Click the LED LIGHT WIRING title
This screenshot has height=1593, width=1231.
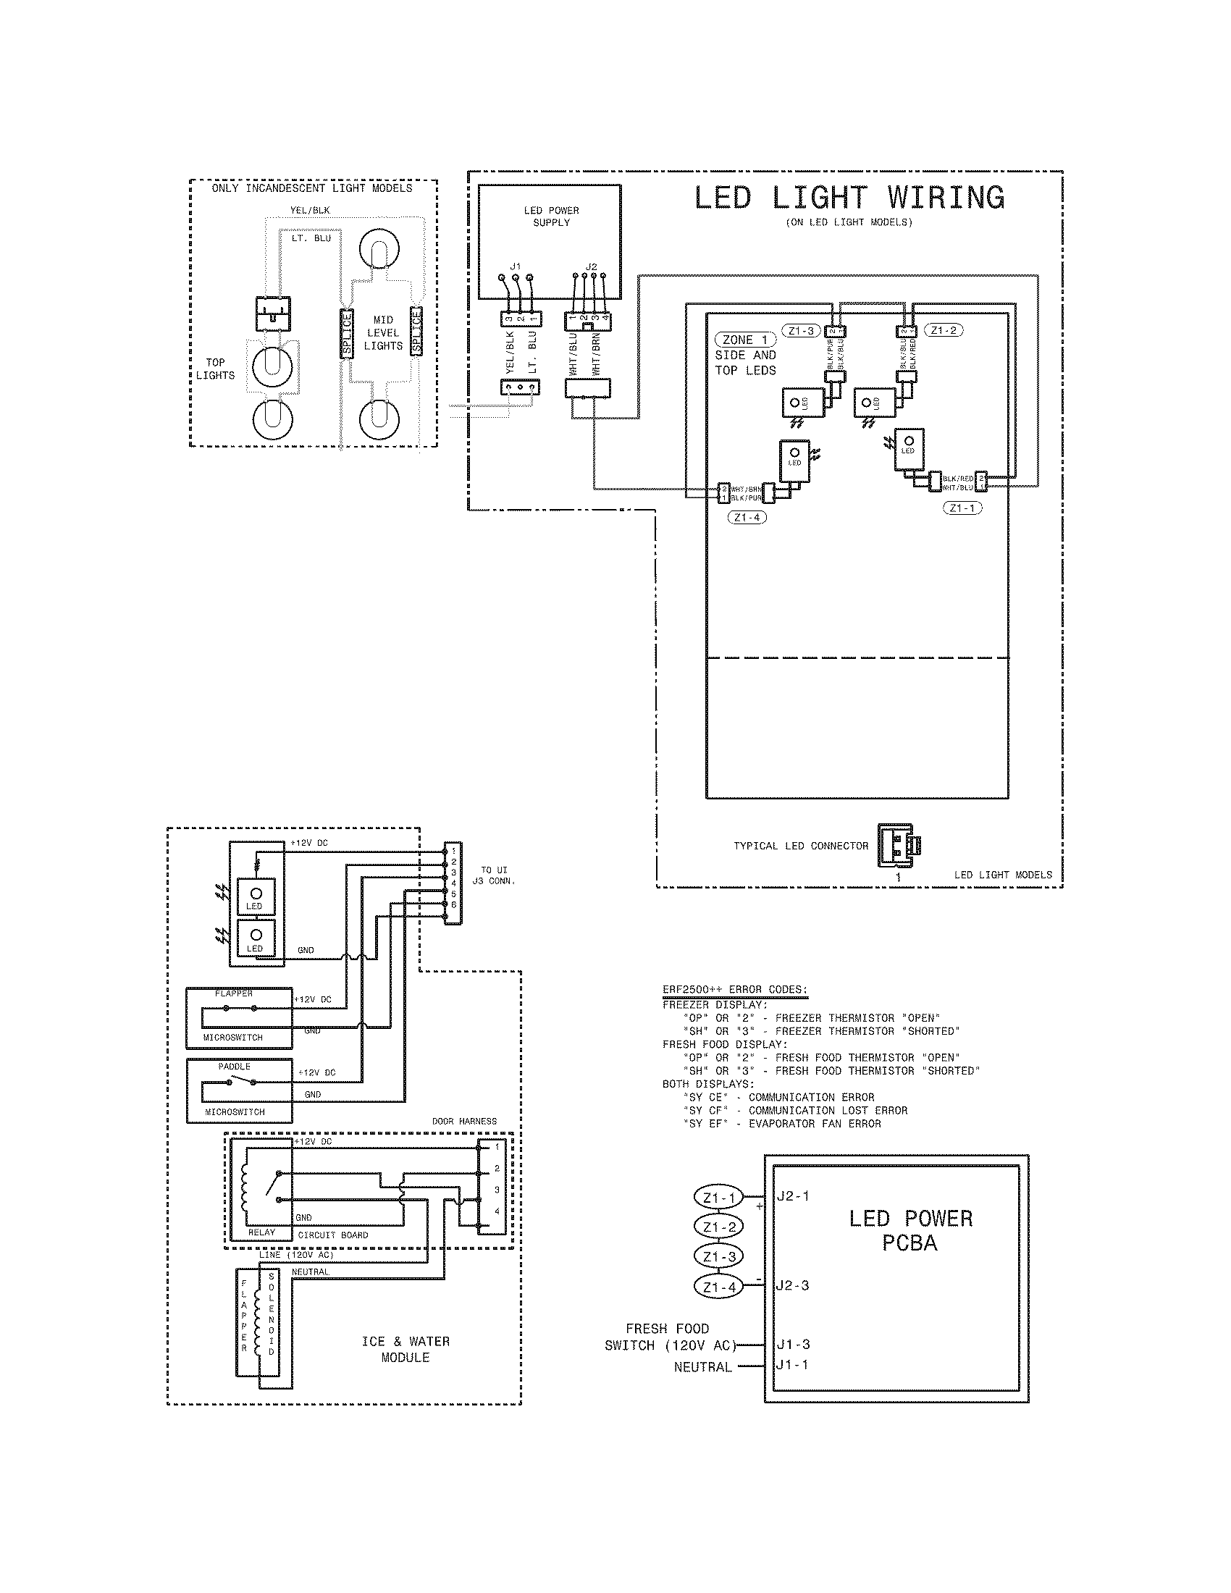pyautogui.click(x=849, y=198)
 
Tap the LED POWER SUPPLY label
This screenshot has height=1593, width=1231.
pyautogui.click(x=551, y=217)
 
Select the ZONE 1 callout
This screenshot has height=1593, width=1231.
pyautogui.click(x=745, y=340)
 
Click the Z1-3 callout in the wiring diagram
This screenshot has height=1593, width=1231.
pyautogui.click(x=800, y=330)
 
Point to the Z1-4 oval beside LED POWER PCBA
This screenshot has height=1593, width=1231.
pyautogui.click(x=719, y=1287)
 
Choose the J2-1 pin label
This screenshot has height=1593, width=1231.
pyautogui.click(x=793, y=1196)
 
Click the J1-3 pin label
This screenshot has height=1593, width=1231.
pyautogui.click(x=793, y=1345)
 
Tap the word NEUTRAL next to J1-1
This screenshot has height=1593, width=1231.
pyautogui.click(x=702, y=1367)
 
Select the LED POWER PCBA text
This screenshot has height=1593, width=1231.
pyautogui.click(x=910, y=1230)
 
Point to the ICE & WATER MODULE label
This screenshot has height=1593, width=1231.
pyautogui.click(x=406, y=1350)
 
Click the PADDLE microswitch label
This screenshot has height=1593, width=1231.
pyautogui.click(x=234, y=1067)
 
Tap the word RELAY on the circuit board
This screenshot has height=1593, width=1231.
pyautogui.click(x=261, y=1232)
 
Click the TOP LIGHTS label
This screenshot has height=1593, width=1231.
pyautogui.click(x=215, y=369)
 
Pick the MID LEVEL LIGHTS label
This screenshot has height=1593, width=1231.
pyautogui.click(x=383, y=332)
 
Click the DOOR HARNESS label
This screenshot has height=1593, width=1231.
pyautogui.click(x=464, y=1121)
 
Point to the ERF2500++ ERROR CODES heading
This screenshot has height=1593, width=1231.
pyautogui.click(x=734, y=990)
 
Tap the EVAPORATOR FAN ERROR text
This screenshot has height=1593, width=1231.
pyautogui.click(x=815, y=1123)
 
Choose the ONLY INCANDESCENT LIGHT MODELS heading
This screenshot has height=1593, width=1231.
pyautogui.click(x=312, y=188)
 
